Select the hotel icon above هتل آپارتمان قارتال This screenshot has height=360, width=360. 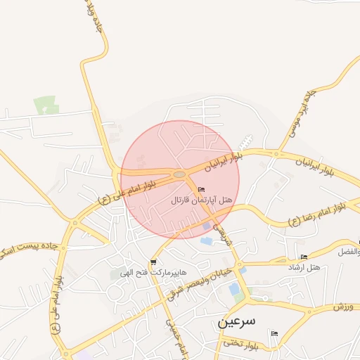point(202,189)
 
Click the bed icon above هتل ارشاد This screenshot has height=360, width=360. point(304,257)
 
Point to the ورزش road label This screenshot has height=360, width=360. point(342,307)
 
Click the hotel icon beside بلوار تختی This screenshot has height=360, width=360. point(274,333)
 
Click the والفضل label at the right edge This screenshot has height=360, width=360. point(349,251)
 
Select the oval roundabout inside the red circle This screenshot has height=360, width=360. point(179,174)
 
